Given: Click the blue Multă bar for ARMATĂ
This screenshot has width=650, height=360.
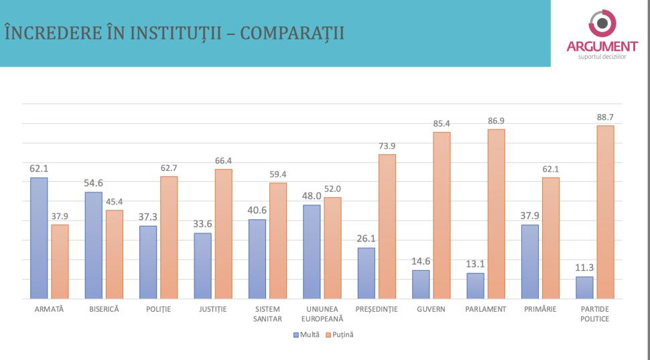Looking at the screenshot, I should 39,238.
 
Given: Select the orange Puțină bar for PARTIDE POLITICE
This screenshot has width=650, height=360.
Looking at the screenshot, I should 605,212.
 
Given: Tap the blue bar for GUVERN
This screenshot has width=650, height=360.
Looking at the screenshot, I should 421,284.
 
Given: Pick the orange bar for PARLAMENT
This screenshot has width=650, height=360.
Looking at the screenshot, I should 496,214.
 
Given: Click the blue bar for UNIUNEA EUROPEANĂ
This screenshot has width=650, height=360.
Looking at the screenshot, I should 312,251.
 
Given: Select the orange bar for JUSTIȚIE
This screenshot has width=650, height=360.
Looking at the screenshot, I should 223,233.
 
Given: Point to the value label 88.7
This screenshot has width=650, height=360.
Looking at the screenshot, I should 605,117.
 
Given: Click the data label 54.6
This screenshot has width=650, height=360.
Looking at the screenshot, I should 93,183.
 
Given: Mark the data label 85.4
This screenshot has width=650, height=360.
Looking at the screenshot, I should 442,123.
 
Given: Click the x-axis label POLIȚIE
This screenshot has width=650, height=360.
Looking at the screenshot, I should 158,309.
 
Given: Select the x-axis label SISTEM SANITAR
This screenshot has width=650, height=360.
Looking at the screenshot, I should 267,314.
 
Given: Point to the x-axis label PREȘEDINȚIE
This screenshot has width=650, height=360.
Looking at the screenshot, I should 376,309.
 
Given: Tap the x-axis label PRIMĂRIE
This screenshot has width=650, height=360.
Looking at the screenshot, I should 540,309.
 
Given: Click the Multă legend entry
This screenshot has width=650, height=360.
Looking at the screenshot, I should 306,334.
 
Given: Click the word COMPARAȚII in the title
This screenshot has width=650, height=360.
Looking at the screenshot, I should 292,33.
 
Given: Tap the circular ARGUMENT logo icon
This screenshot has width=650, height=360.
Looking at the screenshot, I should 602,24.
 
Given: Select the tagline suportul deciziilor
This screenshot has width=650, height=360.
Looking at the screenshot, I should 602,56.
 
